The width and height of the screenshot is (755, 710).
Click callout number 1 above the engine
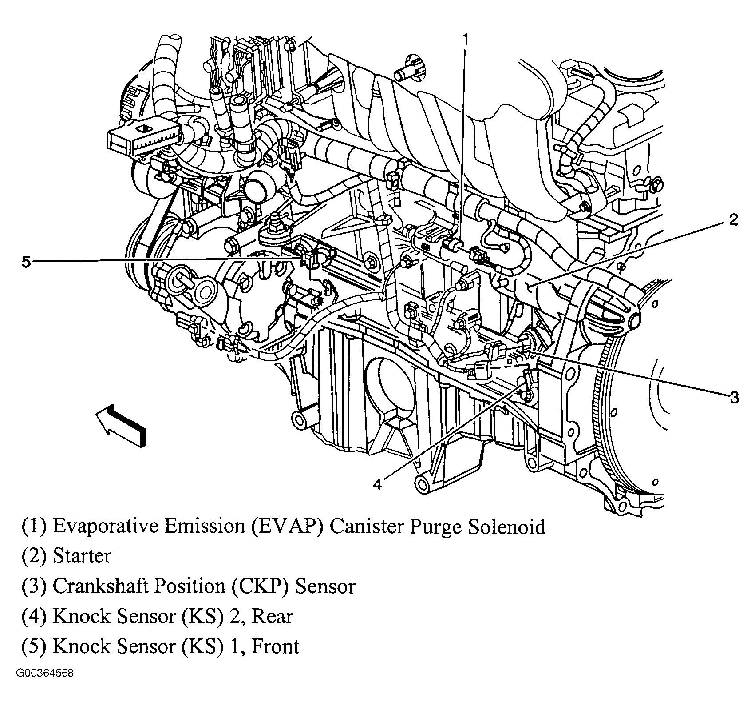pyautogui.click(x=465, y=40)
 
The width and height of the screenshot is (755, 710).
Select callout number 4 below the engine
pyautogui.click(x=377, y=484)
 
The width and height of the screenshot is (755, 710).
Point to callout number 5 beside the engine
pyautogui.click(x=26, y=262)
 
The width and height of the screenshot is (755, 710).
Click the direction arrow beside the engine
pyautogui.click(x=120, y=425)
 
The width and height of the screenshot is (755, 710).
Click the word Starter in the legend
pyautogui.click(x=82, y=556)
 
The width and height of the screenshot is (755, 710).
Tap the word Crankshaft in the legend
pyautogui.click(x=100, y=586)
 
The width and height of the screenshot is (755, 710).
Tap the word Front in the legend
pyautogui.click(x=276, y=646)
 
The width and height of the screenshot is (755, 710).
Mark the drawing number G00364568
pyautogui.click(x=45, y=686)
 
